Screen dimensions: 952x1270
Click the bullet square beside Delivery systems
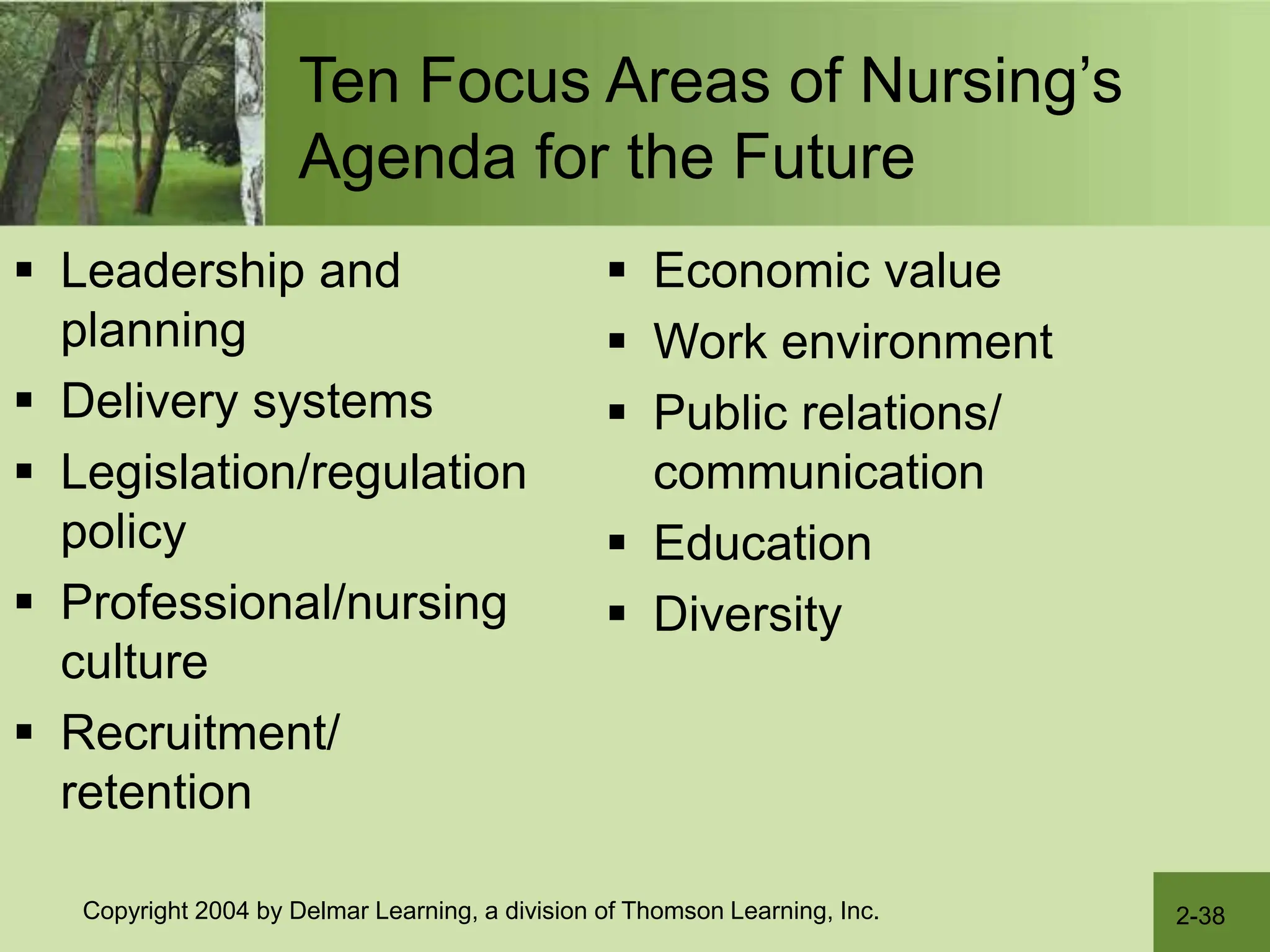[24, 400]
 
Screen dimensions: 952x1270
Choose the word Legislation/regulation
[293, 473]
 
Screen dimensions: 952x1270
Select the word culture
[134, 662]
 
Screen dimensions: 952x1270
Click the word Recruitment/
[200, 733]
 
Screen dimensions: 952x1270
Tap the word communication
[819, 473]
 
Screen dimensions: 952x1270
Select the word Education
[763, 544]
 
